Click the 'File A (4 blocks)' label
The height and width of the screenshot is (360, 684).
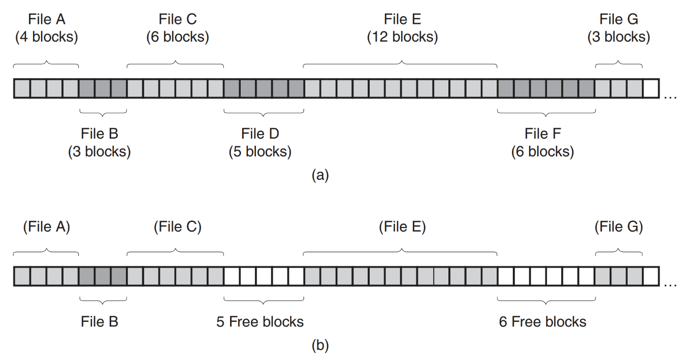pyautogui.click(x=47, y=28)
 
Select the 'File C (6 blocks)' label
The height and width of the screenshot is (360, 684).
pyautogui.click(x=178, y=28)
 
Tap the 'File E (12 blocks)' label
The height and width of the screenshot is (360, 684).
pyautogui.click(x=402, y=28)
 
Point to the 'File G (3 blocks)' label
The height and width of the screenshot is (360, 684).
pyautogui.click(x=618, y=28)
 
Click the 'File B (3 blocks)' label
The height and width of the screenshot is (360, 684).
pyautogui.click(x=100, y=143)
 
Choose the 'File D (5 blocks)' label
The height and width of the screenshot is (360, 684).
pyautogui.click(x=260, y=143)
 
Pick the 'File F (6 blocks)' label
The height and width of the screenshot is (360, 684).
pyautogui.click(x=543, y=143)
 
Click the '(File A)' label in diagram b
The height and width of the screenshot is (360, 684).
pyautogui.click(x=47, y=226)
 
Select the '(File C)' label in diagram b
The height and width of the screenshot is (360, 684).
pyautogui.click(x=178, y=226)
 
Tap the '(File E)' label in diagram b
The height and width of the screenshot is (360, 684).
pyautogui.click(x=402, y=226)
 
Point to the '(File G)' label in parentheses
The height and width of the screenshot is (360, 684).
pyautogui.click(x=618, y=226)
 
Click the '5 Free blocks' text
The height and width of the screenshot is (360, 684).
pyautogui.click(x=260, y=321)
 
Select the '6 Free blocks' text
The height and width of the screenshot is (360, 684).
pyautogui.click(x=543, y=321)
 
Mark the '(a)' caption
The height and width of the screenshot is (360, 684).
pyautogui.click(x=320, y=175)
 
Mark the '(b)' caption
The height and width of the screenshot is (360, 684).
pyautogui.click(x=320, y=346)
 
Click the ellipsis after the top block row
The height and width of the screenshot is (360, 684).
pyautogui.click(x=670, y=96)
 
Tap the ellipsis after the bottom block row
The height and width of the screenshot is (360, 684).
pyautogui.click(x=670, y=284)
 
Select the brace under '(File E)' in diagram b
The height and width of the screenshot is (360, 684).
pyautogui.click(x=400, y=251)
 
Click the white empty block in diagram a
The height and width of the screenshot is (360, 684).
pyautogui.click(x=650, y=88)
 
